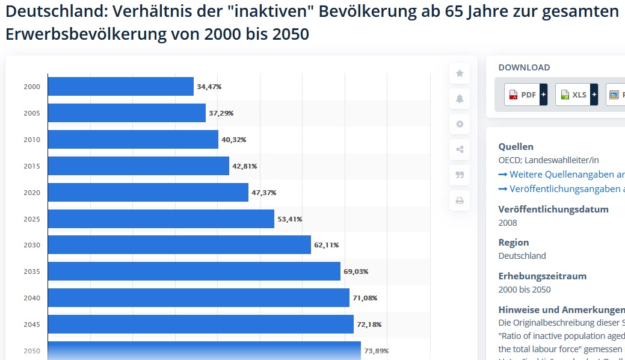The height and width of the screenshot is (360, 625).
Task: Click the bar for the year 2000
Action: (x=120, y=86)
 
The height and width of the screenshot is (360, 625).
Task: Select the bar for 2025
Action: (x=161, y=219)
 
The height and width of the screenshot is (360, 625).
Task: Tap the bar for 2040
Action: (x=199, y=297)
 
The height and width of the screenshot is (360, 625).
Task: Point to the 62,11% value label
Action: (x=326, y=245)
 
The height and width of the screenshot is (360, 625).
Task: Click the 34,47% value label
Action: (x=209, y=87)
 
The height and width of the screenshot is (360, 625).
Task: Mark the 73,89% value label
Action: (x=376, y=351)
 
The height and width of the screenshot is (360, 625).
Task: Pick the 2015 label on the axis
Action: (x=32, y=166)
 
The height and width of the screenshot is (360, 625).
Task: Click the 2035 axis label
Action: (x=32, y=272)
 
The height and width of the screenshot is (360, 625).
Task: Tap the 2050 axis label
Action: (x=32, y=351)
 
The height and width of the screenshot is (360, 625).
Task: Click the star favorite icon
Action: (x=460, y=73)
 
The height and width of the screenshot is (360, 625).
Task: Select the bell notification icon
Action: (x=460, y=99)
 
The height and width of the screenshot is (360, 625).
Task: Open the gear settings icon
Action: (x=460, y=124)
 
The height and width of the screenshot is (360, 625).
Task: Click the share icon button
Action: (x=460, y=149)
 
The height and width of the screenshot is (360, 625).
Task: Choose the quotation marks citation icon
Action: (x=460, y=175)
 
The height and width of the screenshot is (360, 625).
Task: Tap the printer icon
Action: (x=460, y=200)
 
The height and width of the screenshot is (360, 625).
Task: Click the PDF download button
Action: (x=525, y=95)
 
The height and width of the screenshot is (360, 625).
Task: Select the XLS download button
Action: (x=576, y=95)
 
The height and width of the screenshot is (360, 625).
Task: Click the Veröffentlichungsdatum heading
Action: (x=553, y=209)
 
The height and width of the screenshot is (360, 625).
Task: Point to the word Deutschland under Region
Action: (x=522, y=256)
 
